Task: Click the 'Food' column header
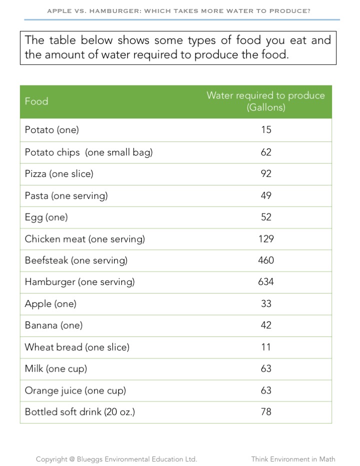click(36, 101)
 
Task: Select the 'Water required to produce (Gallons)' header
click(265, 101)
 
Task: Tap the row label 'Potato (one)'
click(52, 130)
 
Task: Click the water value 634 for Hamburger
click(266, 282)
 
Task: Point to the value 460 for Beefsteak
click(266, 260)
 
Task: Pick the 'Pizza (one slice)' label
click(59, 173)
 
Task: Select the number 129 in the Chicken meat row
click(266, 239)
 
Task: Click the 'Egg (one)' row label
click(46, 217)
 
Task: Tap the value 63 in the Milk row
click(266, 369)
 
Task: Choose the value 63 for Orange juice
click(266, 390)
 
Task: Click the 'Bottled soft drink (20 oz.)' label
click(80, 412)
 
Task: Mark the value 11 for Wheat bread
click(266, 347)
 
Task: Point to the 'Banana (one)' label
click(53, 325)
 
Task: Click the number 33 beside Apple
click(266, 304)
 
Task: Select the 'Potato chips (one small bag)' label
click(88, 152)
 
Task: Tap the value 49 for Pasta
click(266, 195)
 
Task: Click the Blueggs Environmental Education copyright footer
click(116, 459)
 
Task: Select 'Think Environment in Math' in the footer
click(293, 459)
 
